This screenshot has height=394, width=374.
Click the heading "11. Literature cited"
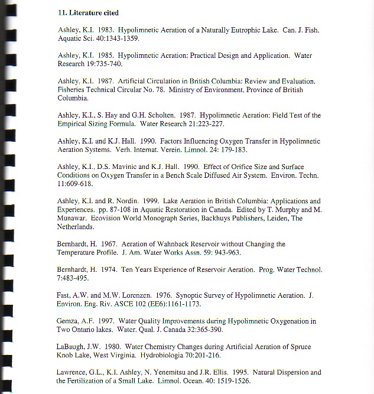[88, 12]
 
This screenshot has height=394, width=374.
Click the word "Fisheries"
[73, 90]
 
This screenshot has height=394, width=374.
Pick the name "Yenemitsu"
[171, 372]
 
